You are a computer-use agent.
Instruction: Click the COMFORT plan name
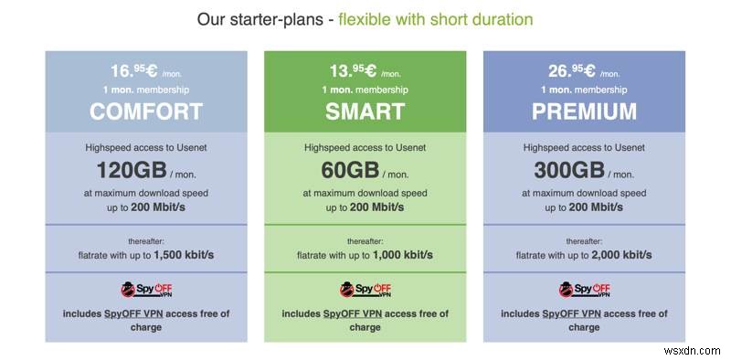click(x=146, y=111)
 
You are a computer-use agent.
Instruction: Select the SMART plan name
click(x=365, y=111)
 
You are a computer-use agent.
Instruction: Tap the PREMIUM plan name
click(x=584, y=111)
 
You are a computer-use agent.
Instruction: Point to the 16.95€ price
click(x=133, y=70)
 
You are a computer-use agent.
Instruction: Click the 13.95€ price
click(x=352, y=70)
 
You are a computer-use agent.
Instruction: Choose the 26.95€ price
click(x=571, y=70)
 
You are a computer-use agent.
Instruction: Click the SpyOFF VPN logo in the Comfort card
click(x=146, y=290)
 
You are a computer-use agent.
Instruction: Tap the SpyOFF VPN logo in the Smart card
click(x=365, y=290)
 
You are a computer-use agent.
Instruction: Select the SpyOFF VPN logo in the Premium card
click(x=584, y=290)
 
